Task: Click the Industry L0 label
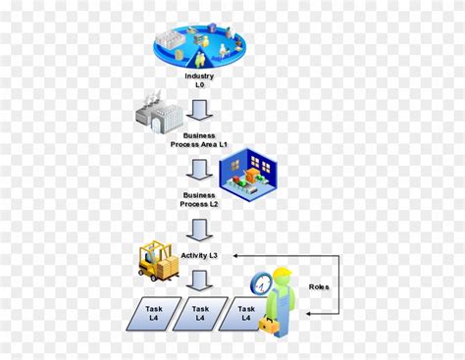tap(199, 79)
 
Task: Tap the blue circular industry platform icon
tap(199, 45)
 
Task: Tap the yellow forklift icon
tap(158, 261)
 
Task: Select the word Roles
tap(318, 286)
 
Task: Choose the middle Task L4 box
tap(199, 313)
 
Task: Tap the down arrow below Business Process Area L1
tap(199, 168)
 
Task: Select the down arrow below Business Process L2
tap(199, 229)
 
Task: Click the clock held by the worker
tap(261, 283)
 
